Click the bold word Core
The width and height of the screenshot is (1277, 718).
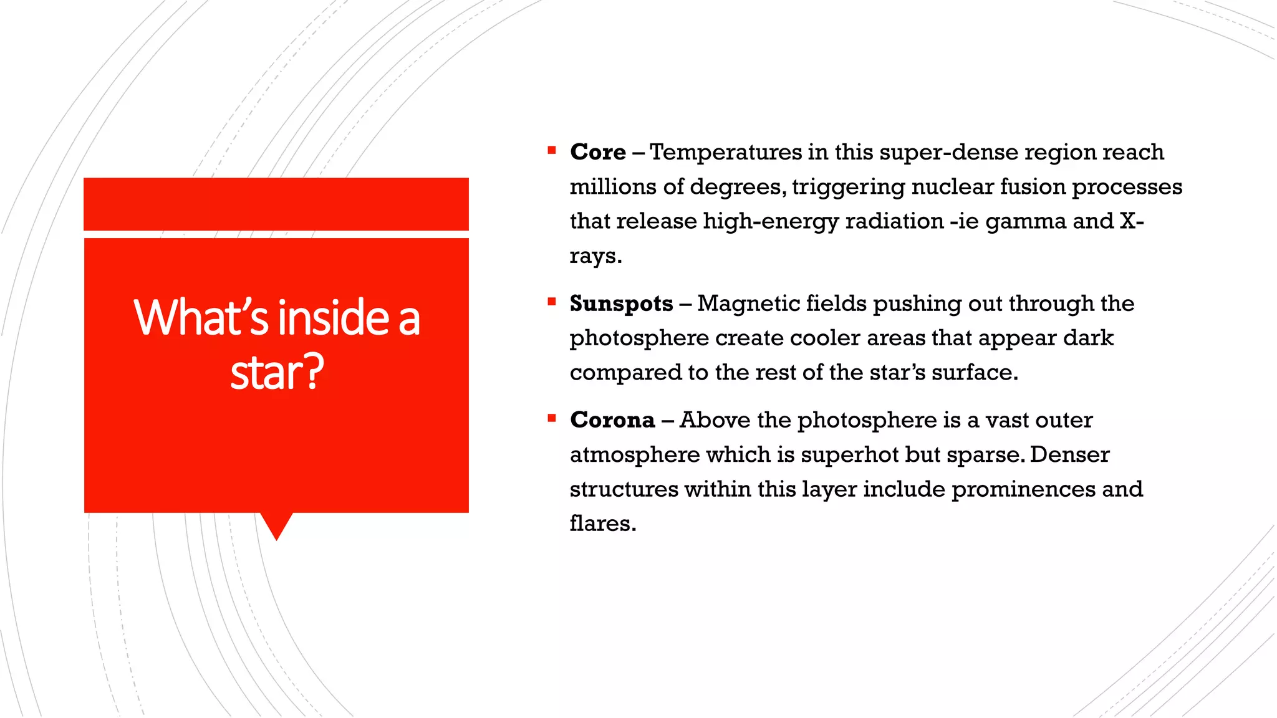click(x=597, y=152)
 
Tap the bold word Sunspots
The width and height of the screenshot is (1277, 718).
click(x=621, y=304)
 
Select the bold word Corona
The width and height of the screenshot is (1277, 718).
click(x=612, y=420)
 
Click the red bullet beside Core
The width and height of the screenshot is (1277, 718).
click(x=552, y=150)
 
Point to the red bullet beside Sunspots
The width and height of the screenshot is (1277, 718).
click(x=552, y=302)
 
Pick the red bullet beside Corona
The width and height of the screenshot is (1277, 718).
click(x=552, y=418)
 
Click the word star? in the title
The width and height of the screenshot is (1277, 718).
click(x=277, y=372)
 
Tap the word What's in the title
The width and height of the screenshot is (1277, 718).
click(x=201, y=317)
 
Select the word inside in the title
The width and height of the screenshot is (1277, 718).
click(x=334, y=317)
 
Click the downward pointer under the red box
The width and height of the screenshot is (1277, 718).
click(x=276, y=525)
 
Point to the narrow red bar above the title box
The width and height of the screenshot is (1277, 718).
click(x=276, y=204)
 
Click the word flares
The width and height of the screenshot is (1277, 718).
click(x=602, y=524)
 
